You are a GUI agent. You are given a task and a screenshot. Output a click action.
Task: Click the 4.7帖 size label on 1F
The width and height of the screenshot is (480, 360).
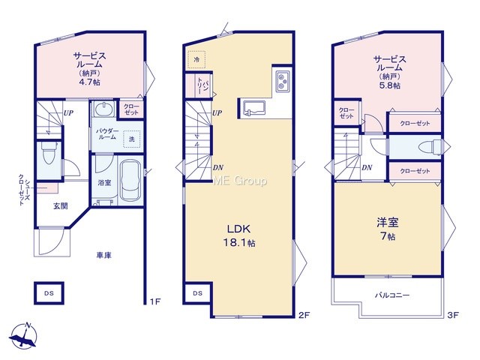89,82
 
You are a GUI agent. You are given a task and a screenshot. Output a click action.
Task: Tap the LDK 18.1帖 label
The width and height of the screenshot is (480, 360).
239,235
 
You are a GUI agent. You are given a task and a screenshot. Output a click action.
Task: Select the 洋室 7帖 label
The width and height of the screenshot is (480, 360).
388,229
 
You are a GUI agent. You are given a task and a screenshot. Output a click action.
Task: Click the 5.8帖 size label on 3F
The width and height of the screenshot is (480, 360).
390,85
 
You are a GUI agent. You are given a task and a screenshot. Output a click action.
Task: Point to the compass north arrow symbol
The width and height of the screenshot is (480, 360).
23,336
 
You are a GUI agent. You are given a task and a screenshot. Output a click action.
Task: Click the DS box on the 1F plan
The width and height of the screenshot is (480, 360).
49,293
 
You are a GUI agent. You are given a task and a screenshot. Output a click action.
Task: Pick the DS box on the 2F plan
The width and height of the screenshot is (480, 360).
197,293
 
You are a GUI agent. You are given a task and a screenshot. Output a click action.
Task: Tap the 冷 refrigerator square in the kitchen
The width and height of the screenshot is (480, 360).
196,59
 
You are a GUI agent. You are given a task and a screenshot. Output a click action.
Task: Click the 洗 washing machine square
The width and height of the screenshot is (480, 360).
132,139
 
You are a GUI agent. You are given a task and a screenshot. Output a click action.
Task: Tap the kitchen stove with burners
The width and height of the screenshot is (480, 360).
282,81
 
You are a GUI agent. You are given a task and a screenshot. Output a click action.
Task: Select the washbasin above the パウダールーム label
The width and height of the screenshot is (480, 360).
103,109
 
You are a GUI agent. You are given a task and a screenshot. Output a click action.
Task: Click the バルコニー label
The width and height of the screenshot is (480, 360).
392,295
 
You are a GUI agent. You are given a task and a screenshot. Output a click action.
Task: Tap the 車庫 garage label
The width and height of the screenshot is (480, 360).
103,255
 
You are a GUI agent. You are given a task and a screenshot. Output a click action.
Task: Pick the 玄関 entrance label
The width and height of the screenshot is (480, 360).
60,206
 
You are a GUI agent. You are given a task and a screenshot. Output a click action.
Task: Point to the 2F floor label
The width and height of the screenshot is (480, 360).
304,315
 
